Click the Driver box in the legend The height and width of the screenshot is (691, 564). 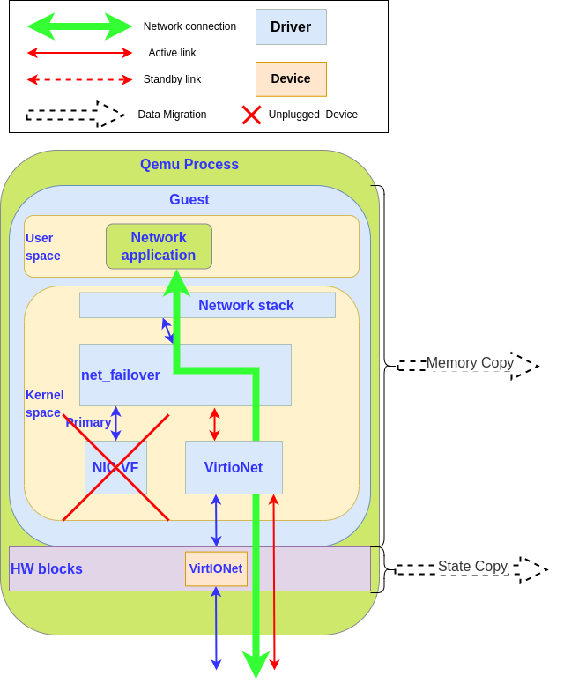[x=291, y=26]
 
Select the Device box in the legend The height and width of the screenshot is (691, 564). [x=291, y=78]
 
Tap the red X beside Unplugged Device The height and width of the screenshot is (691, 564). [x=251, y=115]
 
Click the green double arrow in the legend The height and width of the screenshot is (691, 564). [x=79, y=26]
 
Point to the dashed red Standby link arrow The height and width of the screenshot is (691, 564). [x=79, y=79]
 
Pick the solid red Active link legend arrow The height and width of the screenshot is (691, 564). [x=79, y=53]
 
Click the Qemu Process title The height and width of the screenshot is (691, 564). [x=189, y=165]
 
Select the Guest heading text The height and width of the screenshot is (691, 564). [x=189, y=200]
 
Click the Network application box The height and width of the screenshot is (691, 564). [x=159, y=246]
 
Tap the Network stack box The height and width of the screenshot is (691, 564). [x=246, y=305]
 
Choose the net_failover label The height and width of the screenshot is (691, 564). [x=121, y=375]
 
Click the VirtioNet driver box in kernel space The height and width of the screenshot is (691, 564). [x=234, y=467]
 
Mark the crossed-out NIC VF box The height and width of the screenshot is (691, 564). [x=115, y=467]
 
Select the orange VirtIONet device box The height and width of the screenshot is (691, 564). [x=216, y=568]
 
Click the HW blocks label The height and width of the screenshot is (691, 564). [x=47, y=569]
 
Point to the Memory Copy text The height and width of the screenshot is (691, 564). [x=470, y=363]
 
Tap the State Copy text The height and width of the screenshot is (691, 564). [x=472, y=567]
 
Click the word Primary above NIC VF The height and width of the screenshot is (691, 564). [x=88, y=422]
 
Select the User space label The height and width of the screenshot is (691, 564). [x=42, y=247]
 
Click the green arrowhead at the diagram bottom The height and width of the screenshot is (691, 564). [x=256, y=665]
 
